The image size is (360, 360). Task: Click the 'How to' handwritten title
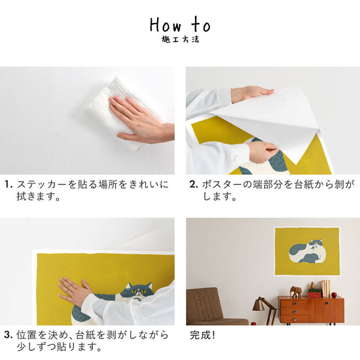coord(180,25)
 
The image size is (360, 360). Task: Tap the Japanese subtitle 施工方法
coord(180,40)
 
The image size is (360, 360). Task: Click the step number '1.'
coord(9,185)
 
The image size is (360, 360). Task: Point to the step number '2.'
coord(194,185)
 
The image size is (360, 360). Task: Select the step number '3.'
coord(9,335)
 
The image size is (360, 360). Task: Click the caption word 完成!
coord(202,335)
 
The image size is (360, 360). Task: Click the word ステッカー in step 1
coord(42,185)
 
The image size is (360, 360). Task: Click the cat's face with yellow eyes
coord(139,291)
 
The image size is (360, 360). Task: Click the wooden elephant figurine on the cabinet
coord(296,292)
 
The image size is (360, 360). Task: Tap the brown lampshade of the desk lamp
coord(259,305)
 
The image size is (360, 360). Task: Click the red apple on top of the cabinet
coord(334,295)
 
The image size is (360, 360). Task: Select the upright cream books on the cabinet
coord(325,289)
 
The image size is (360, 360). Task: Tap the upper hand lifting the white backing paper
coord(253,94)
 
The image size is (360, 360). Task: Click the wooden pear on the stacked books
coord(312,285)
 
